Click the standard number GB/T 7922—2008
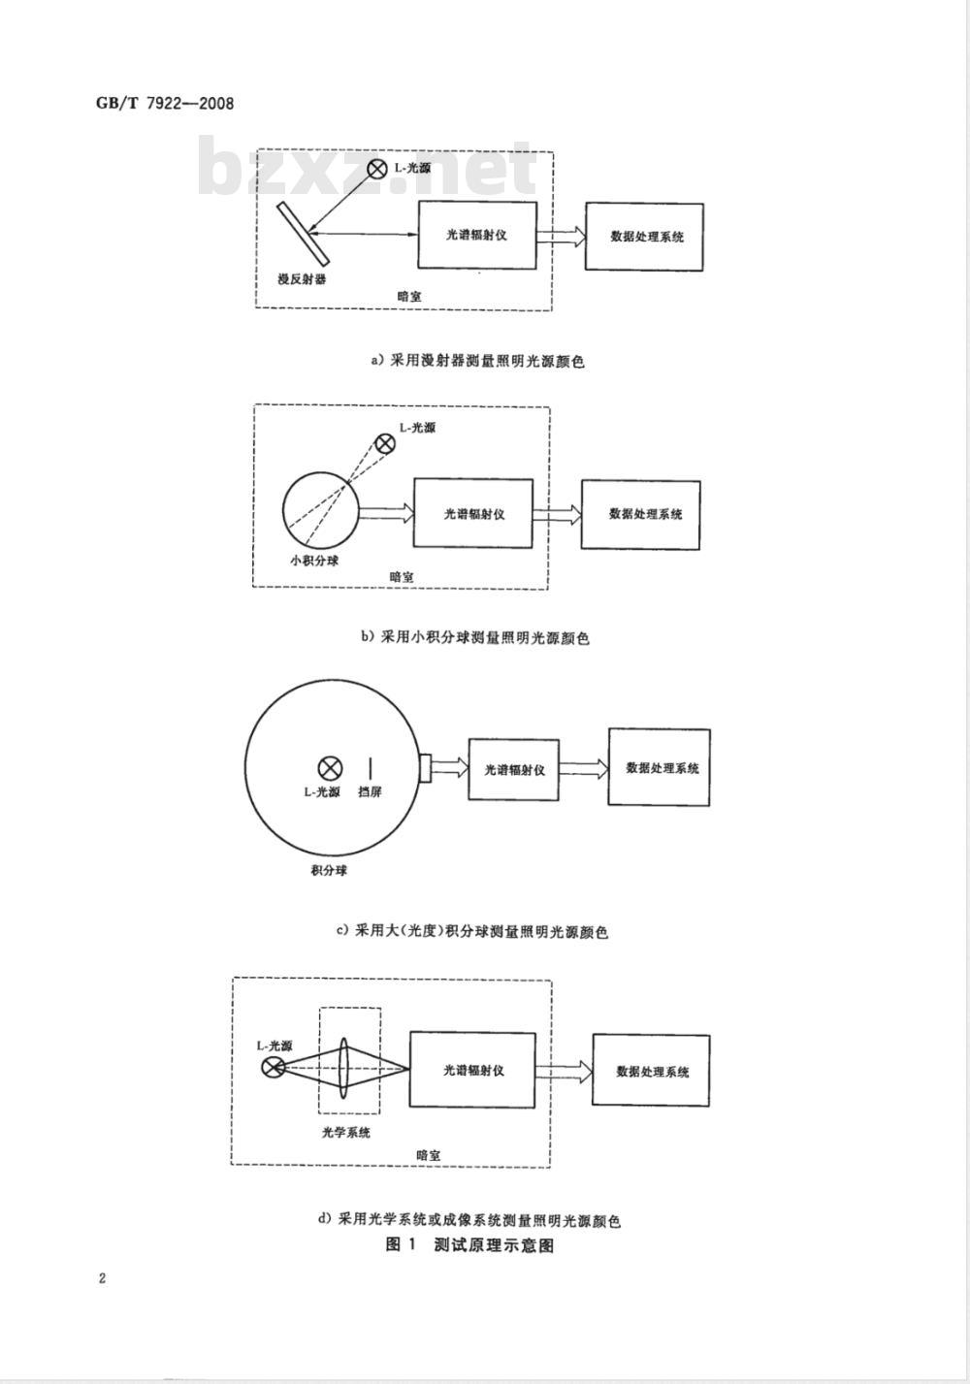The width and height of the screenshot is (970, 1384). [165, 103]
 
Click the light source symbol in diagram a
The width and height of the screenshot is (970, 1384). [376, 168]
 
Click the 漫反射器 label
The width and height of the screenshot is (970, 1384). [302, 279]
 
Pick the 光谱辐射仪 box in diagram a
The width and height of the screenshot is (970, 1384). [477, 235]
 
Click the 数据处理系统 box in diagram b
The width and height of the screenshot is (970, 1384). [641, 515]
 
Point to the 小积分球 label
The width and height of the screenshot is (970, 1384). [314, 561]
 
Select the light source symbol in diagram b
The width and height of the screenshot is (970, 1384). [385, 443]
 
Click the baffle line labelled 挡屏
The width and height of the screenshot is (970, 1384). [371, 768]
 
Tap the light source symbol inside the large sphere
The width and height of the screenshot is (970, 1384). [330, 768]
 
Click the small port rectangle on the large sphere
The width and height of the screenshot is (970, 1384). [425, 768]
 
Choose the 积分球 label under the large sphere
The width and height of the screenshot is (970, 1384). [329, 871]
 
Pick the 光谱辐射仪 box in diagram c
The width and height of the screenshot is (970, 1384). [514, 770]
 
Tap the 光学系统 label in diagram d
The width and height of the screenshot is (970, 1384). [346, 1132]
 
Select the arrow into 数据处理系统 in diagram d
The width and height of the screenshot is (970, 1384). [564, 1072]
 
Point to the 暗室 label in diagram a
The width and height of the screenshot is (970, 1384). [408, 297]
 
